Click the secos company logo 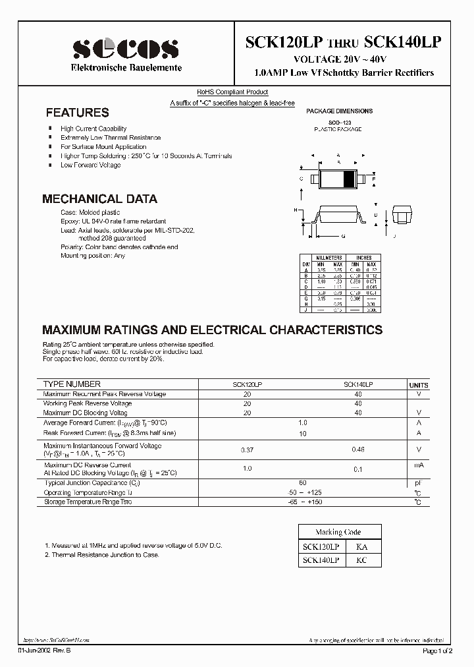(125, 48)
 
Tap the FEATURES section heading (77, 113)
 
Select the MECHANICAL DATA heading (99, 198)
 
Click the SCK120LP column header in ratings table (248, 384)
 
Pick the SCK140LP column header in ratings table (358, 384)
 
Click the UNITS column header (418, 385)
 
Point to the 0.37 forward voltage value (248, 450)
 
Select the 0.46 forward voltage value (358, 450)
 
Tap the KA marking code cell (362, 547)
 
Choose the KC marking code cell (362, 560)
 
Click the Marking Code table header (338, 532)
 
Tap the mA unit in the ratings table (418, 465)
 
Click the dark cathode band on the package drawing (349, 178)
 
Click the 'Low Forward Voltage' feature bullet (91, 165)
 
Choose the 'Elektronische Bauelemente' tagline (125, 69)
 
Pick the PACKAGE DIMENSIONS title (340, 111)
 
